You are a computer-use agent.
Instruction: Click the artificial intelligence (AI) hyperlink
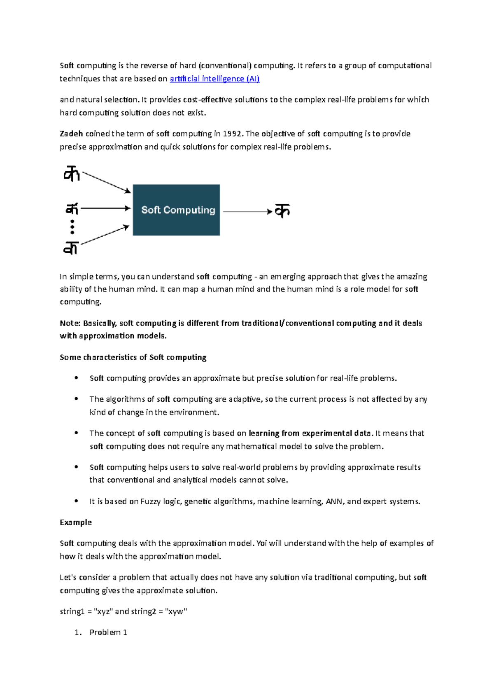214,79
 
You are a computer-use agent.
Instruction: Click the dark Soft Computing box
176,210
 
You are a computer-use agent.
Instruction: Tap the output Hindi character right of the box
282,210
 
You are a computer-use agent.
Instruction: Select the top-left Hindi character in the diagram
71,174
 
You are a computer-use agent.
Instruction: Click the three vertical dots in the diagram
72,227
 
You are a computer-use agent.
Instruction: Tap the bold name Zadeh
71,134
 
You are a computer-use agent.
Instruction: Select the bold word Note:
70,323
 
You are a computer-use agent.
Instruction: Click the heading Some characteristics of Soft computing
133,357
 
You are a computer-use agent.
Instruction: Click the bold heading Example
76,522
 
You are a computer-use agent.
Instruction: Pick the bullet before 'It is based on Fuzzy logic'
76,501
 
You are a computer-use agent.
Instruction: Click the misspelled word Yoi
261,543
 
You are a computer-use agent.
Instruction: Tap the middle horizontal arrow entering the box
105,208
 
